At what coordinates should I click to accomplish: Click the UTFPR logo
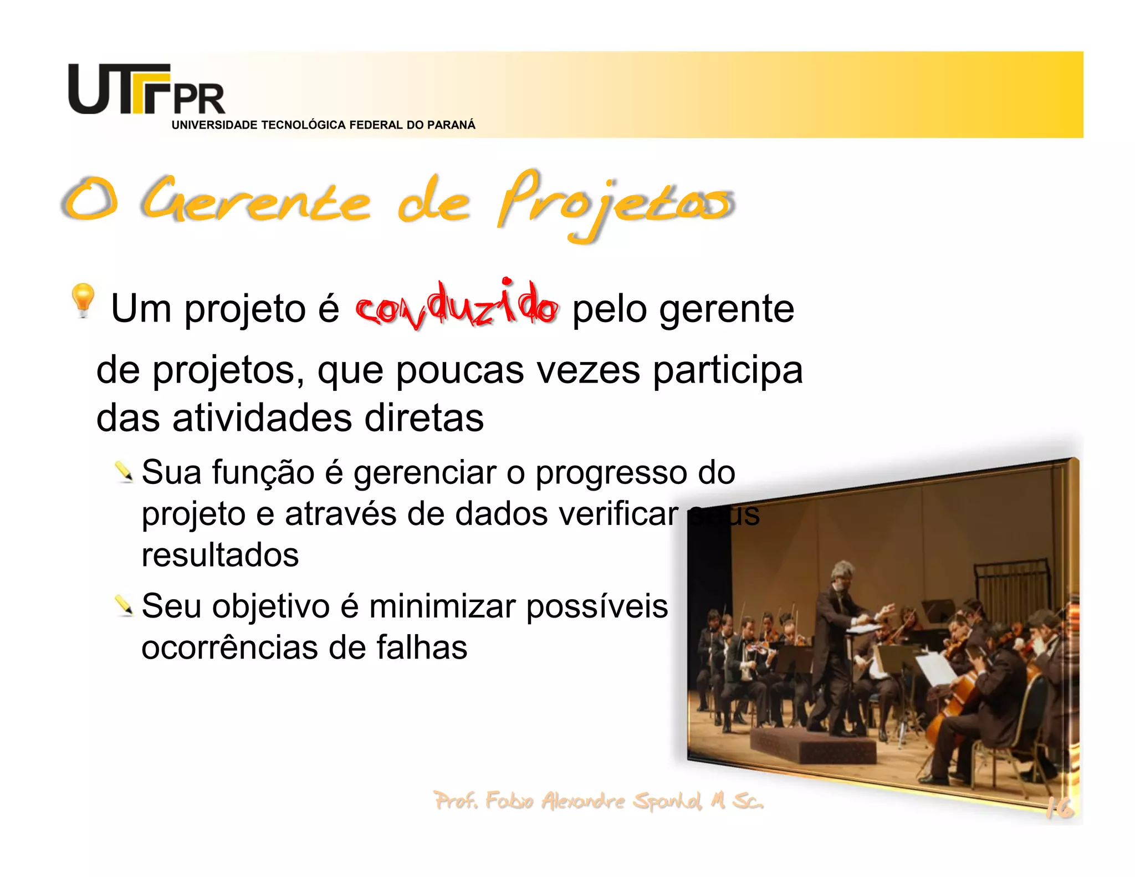point(146,90)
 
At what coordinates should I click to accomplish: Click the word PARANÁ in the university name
point(451,125)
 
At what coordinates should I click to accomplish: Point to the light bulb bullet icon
point(83,299)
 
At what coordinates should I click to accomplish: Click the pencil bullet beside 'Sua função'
point(124,472)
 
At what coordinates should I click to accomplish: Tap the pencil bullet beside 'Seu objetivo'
point(124,605)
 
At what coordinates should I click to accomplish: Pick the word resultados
point(220,555)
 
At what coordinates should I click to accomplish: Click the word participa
point(727,371)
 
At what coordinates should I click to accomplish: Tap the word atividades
point(262,419)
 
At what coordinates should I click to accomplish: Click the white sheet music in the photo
point(937,668)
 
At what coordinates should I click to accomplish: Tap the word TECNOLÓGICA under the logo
point(304,125)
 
